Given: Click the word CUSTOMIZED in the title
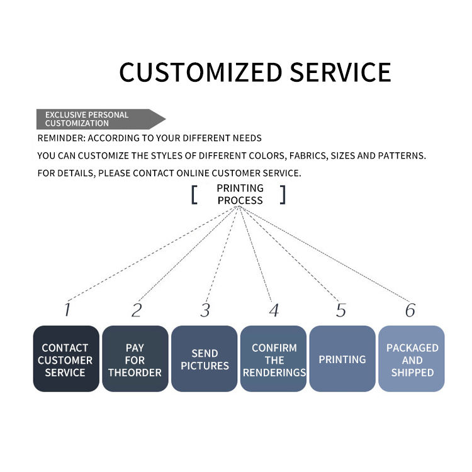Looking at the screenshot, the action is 201,72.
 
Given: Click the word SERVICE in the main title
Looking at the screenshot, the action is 340,72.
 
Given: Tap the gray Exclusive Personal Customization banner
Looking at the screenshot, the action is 101,119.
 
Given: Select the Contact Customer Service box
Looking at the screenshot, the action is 66,359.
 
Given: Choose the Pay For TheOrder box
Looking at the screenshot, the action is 135,359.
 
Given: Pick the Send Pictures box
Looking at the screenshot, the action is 205,359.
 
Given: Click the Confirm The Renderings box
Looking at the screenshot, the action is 273,359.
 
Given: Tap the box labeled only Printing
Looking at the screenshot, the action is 342,359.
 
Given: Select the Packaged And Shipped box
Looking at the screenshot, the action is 412,359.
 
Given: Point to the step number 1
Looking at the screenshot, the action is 67,310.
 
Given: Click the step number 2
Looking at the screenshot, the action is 137,310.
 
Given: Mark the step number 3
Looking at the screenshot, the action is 205,310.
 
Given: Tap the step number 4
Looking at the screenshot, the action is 274,310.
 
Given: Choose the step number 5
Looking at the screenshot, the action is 341,310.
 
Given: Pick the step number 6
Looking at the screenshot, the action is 410,310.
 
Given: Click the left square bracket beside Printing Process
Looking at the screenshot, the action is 194,194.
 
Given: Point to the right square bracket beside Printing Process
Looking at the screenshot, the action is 283,194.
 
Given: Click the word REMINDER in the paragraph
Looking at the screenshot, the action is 62,138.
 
